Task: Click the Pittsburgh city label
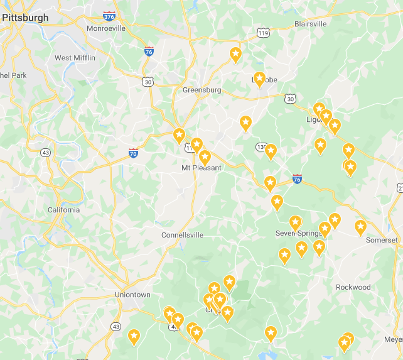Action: tap(25, 18)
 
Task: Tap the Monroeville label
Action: tap(106, 28)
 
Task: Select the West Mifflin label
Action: tap(75, 58)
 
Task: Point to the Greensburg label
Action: tap(201, 90)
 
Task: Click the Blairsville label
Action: tap(310, 24)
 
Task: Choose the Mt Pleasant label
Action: tap(201, 168)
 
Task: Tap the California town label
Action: tap(64, 210)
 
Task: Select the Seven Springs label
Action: tap(298, 234)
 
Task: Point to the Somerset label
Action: tap(382, 240)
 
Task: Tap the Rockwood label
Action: tap(353, 287)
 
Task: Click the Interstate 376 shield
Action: tap(109, 16)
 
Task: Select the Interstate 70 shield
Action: tap(133, 153)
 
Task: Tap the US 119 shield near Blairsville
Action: tap(264, 33)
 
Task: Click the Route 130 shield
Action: tap(261, 147)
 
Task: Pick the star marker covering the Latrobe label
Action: tap(259, 79)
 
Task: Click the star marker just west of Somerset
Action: tap(360, 227)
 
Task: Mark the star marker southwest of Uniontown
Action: tap(134, 337)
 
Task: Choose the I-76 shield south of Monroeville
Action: tap(149, 51)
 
